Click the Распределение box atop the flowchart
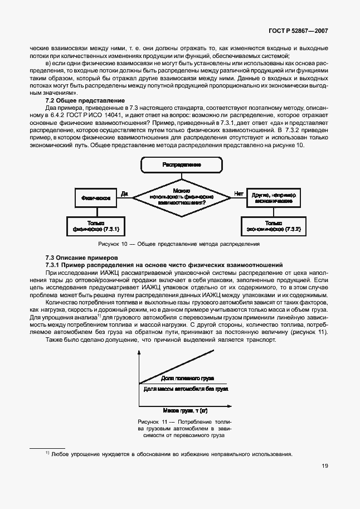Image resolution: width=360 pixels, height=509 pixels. [x=182, y=165]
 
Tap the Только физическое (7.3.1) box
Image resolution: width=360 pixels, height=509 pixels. [x=95, y=226]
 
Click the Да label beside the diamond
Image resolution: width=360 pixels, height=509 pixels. [x=124, y=193]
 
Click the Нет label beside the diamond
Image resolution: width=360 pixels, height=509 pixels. [x=239, y=193]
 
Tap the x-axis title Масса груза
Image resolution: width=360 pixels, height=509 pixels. [x=181, y=410]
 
